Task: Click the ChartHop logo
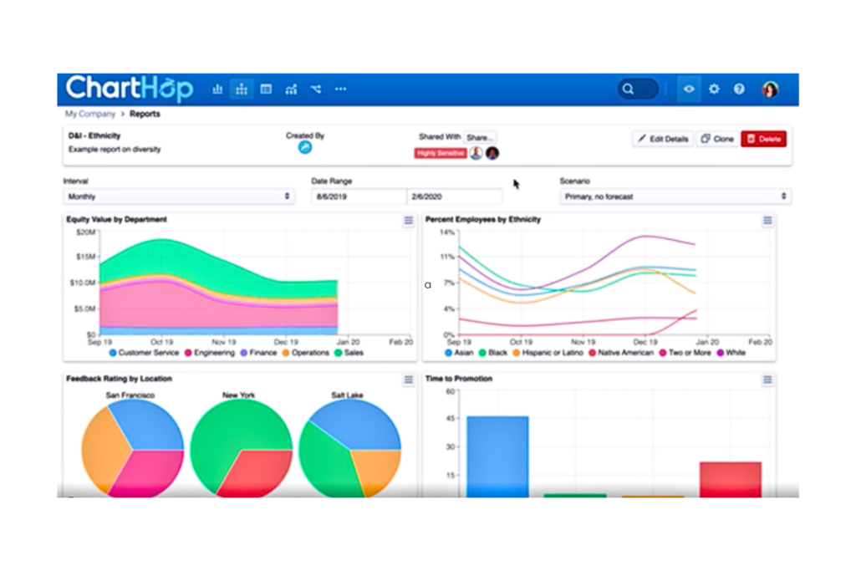coord(130,89)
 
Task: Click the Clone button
coord(717,139)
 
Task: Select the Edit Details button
coord(663,139)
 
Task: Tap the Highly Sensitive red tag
coord(440,154)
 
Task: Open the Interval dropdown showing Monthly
coord(179,196)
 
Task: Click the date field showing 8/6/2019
coord(359,196)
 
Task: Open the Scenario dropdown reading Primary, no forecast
coord(675,196)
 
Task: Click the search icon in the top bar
coord(629,89)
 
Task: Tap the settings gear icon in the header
coord(714,89)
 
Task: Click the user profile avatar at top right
coord(770,89)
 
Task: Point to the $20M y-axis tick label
coord(85,232)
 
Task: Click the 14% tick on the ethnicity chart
coord(446,232)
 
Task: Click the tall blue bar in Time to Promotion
coord(497,456)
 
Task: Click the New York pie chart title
coord(238,395)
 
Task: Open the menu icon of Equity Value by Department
coord(408,221)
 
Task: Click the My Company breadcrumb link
coord(90,114)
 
